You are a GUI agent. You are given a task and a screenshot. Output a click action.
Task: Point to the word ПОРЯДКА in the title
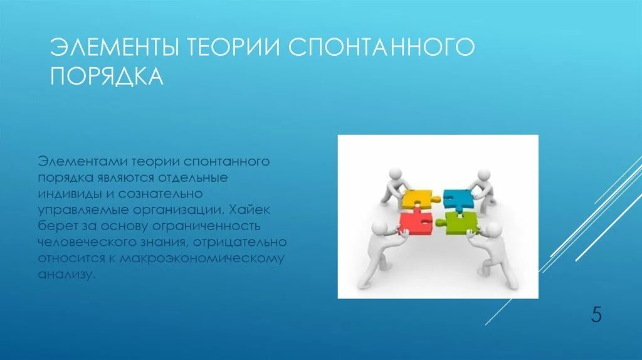tap(107, 76)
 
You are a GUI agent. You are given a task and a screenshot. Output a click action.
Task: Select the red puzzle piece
tap(416, 223)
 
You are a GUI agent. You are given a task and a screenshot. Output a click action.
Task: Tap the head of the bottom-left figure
tap(379, 228)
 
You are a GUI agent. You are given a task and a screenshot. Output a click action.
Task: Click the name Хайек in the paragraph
tap(252, 209)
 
